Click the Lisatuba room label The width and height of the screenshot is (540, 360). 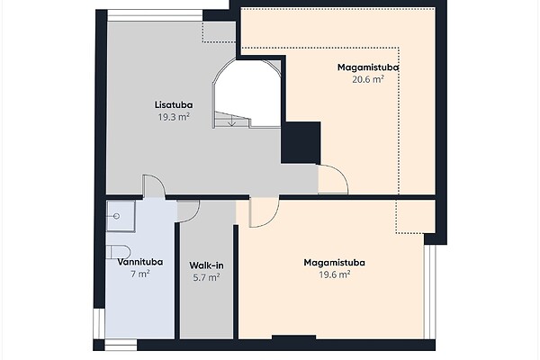click(x=174, y=104)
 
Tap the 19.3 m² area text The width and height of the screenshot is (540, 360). click(x=174, y=117)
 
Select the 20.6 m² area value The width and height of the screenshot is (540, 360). click(x=368, y=79)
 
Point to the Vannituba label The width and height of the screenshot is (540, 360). click(x=140, y=262)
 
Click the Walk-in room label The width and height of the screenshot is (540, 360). click(x=206, y=265)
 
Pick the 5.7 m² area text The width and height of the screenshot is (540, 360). click(x=206, y=277)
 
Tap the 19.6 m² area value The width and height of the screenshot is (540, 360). click(x=335, y=274)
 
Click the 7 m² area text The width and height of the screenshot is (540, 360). click(x=140, y=274)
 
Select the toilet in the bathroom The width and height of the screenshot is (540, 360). click(x=118, y=252)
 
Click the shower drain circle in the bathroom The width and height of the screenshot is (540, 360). click(x=116, y=216)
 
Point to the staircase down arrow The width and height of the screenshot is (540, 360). click(x=232, y=121)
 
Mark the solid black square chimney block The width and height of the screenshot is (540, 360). click(x=301, y=142)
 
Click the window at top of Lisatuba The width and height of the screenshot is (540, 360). click(x=155, y=15)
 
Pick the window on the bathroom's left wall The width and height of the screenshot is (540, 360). click(x=99, y=324)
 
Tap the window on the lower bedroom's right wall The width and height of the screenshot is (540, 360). click(x=430, y=292)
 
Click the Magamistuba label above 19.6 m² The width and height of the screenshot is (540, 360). click(x=335, y=263)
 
